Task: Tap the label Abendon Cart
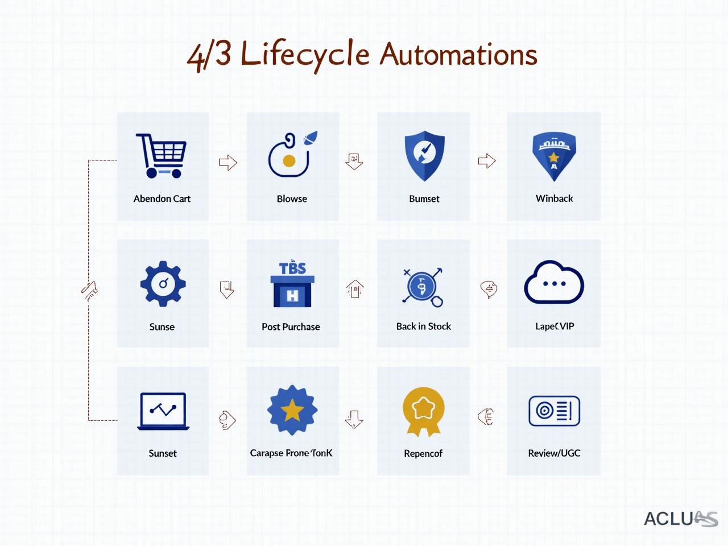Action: click(162, 198)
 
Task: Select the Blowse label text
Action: click(292, 198)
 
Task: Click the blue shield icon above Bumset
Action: click(424, 155)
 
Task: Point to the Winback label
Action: click(554, 198)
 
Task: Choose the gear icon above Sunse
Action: click(163, 283)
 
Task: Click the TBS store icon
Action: click(292, 284)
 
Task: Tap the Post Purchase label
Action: click(291, 326)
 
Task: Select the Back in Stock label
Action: click(423, 326)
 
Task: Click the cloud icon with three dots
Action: click(554, 283)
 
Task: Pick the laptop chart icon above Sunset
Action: click(163, 411)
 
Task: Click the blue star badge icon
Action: click(292, 410)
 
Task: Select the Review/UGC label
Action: click(554, 453)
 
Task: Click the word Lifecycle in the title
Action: click(305, 55)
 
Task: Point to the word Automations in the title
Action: click(458, 55)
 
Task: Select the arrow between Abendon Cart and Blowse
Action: click(228, 162)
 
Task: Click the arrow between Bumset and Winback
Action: click(487, 161)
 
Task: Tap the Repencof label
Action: click(423, 453)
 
